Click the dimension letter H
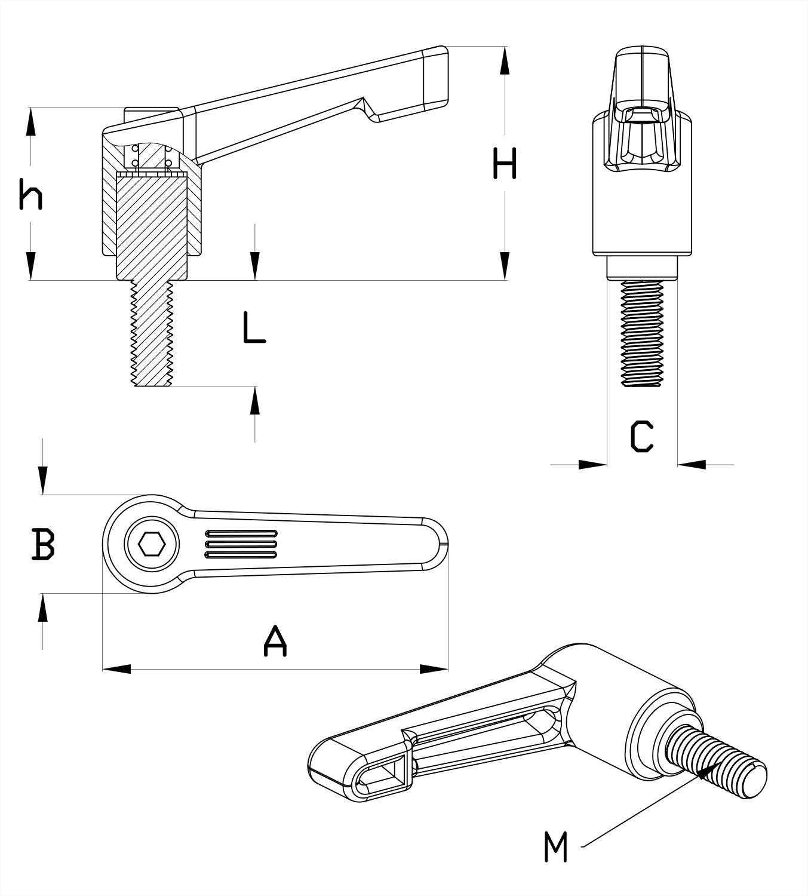coord(505,164)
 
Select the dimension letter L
coord(254,327)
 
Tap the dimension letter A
coord(275,641)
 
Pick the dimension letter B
coord(43,544)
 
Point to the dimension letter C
coord(642,436)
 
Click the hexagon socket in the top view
coord(151,544)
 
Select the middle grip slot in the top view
coord(241,544)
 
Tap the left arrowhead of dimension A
coord(116,669)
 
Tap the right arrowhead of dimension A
coord(434,669)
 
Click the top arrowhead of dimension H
coord(505,60)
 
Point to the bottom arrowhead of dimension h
coord(31,266)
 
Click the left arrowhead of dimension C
coord(594,464)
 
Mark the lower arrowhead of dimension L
coord(255,400)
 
